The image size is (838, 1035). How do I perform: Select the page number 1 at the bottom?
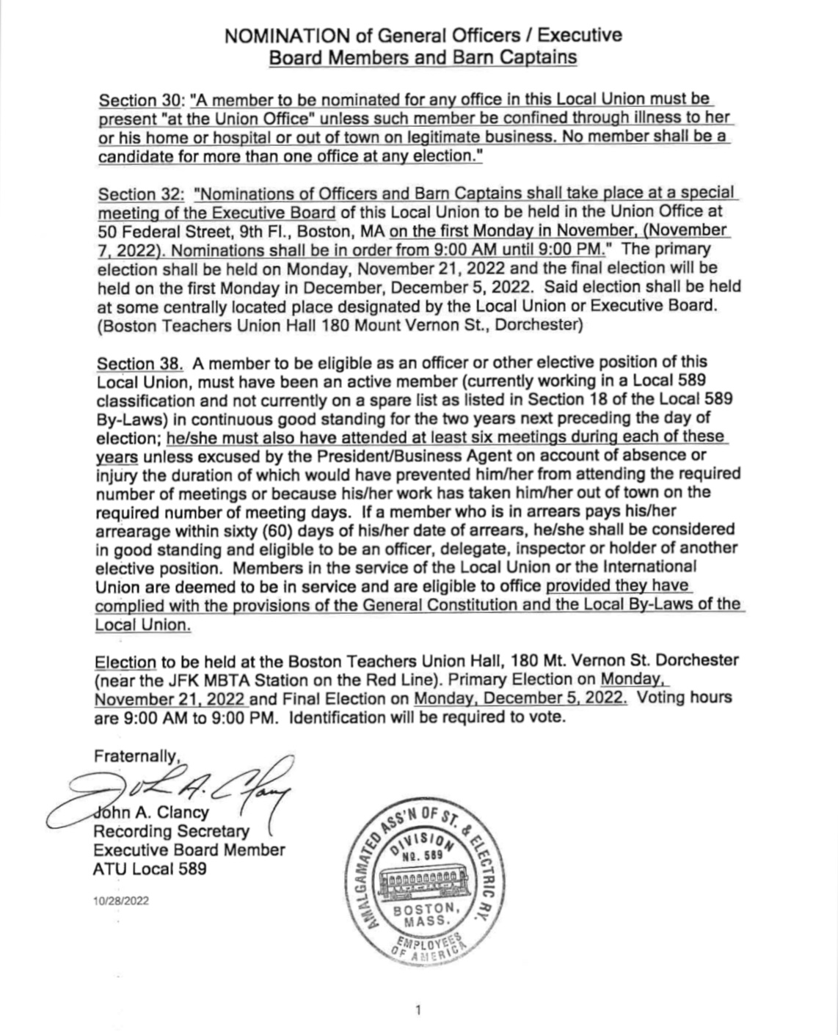pos(418,1011)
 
